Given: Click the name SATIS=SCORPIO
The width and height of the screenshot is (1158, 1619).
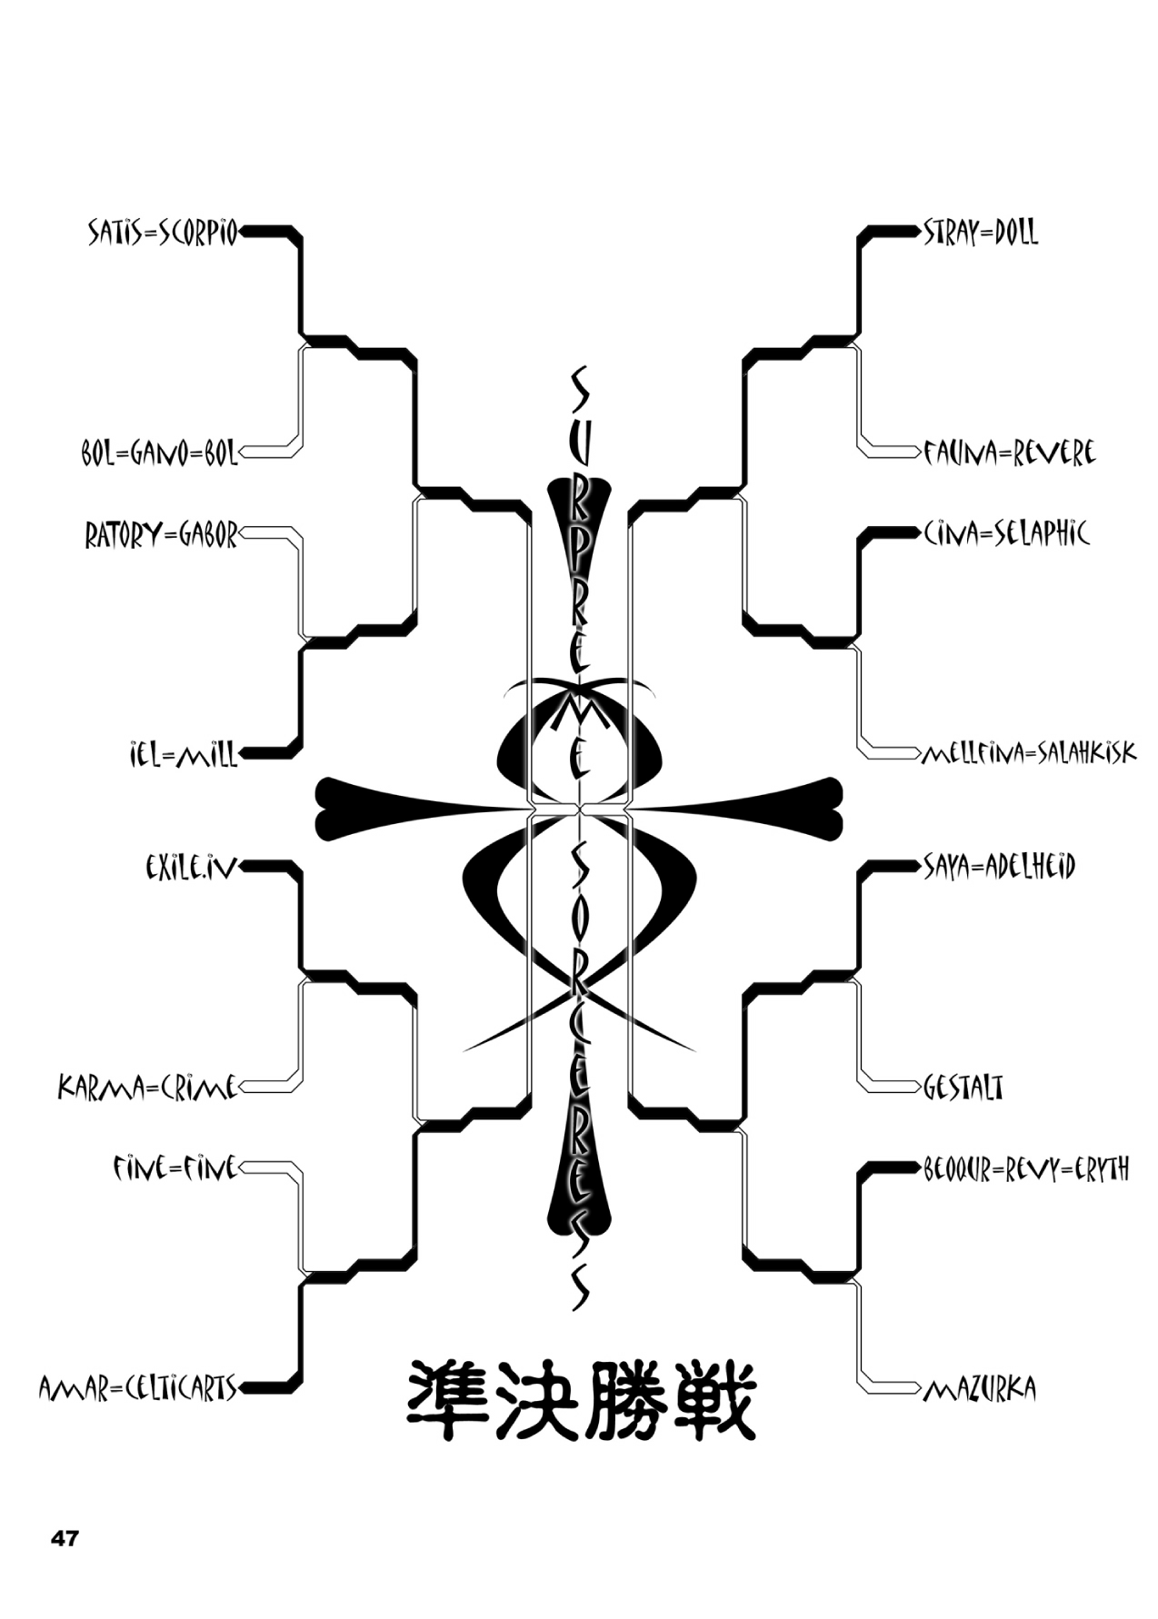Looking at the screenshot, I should pyautogui.click(x=162, y=233).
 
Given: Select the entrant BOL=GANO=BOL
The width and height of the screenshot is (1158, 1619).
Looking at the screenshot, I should pyautogui.click(x=159, y=452).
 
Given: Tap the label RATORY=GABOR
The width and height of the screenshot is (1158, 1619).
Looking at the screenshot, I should pyautogui.click(x=161, y=535).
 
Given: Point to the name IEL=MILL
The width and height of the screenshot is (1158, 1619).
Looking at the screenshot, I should pyautogui.click(x=183, y=754).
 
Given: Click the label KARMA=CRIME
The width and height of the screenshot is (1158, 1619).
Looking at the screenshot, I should pyautogui.click(x=147, y=1087).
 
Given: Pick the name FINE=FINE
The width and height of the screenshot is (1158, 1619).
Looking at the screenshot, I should pyautogui.click(x=175, y=1167).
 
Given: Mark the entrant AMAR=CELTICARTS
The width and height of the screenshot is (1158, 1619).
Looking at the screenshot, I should pyautogui.click(x=138, y=1388).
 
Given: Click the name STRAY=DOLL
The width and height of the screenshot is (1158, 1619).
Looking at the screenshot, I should pyautogui.click(x=980, y=233).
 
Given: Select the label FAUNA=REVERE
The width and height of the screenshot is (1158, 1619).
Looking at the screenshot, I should pyautogui.click(x=1009, y=452).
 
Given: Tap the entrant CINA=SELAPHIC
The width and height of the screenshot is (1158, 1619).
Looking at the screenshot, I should pyautogui.click(x=1005, y=534).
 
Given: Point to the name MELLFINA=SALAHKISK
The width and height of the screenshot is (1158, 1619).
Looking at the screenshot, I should pyautogui.click(x=1028, y=753).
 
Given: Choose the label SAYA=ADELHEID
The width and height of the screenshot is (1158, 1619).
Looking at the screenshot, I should pyautogui.click(x=998, y=868).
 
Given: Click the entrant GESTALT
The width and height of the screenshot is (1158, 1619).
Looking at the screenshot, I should pyautogui.click(x=963, y=1087).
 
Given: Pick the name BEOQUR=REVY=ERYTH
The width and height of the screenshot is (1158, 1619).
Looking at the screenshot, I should pyautogui.click(x=1025, y=1169).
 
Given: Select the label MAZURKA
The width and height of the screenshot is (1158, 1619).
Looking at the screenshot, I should pyautogui.click(x=979, y=1389).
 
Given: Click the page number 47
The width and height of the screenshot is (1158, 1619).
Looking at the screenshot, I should pyautogui.click(x=65, y=1539).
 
